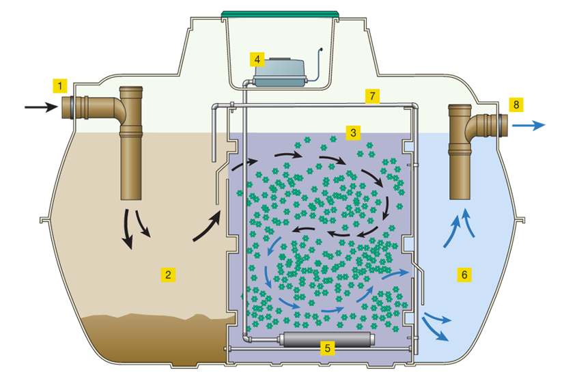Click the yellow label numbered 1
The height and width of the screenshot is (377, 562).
pos(61,86)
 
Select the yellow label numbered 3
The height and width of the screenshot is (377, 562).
pos(353,132)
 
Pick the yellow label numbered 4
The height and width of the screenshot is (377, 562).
pos(257,59)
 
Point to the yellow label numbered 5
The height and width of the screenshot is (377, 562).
pos(328,348)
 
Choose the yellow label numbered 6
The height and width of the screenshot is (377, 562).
pos(464,275)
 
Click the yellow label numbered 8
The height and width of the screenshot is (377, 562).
pos(516,104)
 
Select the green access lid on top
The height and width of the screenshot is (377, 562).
pos(281,13)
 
